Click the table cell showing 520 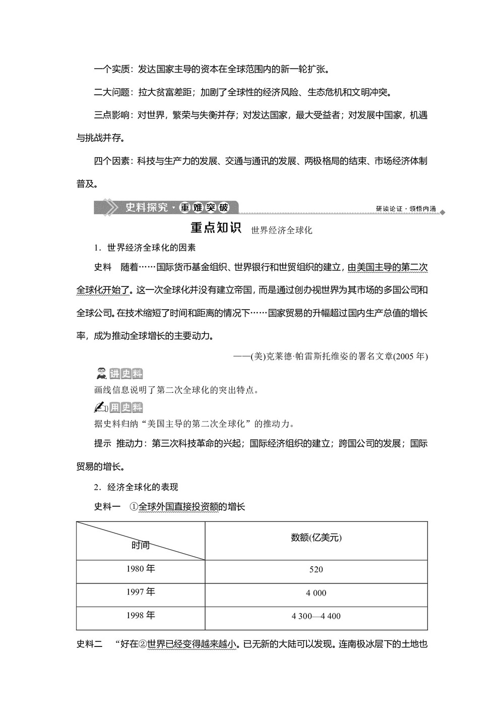tap(316, 569)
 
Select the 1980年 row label tap(141, 569)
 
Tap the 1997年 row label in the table tap(141, 592)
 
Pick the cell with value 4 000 tap(316, 593)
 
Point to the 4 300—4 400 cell tap(316, 616)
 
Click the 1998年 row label tap(141, 615)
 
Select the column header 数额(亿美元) tap(316, 538)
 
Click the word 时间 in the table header tap(141, 546)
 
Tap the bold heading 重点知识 tap(217, 228)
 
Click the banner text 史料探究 tap(146, 207)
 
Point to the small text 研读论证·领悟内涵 tap(406, 209)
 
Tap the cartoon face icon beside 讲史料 tap(101, 374)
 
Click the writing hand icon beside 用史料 tap(101, 407)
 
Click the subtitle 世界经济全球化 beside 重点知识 tap(281, 230)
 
